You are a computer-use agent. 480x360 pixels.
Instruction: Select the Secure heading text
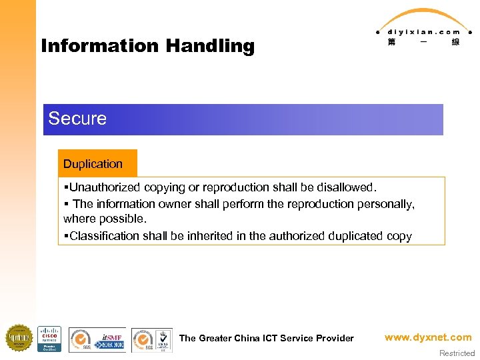pyautogui.click(x=77, y=119)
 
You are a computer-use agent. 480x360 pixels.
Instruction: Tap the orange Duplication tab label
pyautogui.click(x=93, y=164)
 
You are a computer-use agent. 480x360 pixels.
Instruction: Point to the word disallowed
pyautogui.click(x=346, y=187)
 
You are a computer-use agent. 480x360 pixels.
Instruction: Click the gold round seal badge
pyautogui.click(x=19, y=338)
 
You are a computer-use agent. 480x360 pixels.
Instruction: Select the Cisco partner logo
pyautogui.click(x=49, y=339)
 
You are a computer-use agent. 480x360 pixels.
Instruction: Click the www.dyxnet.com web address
pyautogui.click(x=428, y=337)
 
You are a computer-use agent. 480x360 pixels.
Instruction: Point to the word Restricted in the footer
pyautogui.click(x=457, y=353)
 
